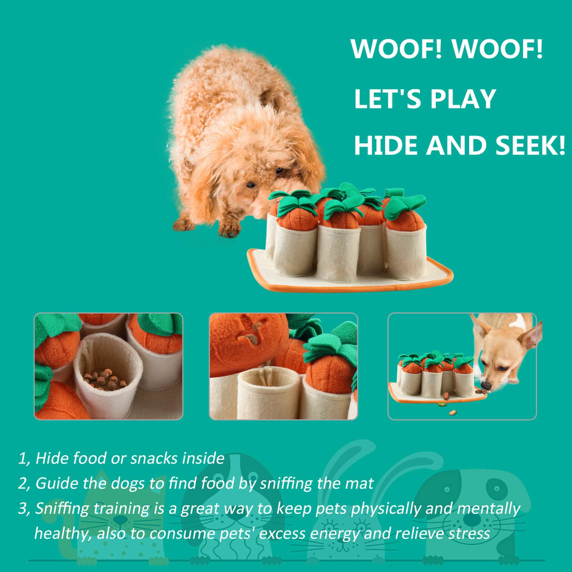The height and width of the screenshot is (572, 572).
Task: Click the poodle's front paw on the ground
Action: pos(229,229)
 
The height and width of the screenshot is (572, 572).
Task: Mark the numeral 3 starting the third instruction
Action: pos(23,509)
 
